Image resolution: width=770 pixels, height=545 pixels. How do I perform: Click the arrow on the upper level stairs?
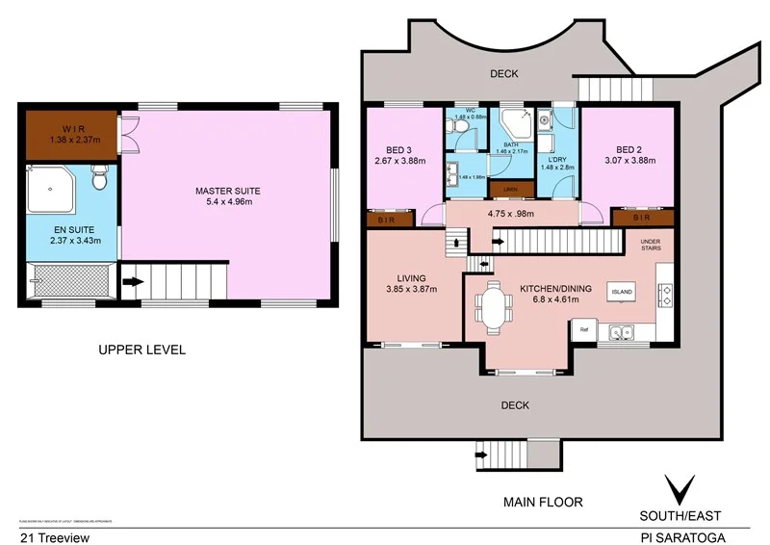click(132, 283)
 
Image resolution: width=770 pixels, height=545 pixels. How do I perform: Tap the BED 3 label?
click(398, 149)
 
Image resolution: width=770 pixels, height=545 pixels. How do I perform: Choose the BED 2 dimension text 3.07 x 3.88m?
click(629, 161)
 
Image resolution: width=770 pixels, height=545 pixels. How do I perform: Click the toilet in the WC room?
click(462, 140)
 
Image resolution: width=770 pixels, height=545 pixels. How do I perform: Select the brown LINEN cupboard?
click(511, 189)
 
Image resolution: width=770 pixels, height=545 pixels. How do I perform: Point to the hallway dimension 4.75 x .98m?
click(511, 214)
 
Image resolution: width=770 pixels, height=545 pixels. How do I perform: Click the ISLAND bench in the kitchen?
click(621, 290)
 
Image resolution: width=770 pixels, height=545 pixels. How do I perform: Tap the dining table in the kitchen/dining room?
click(497, 309)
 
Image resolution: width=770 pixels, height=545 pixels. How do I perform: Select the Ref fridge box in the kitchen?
click(583, 331)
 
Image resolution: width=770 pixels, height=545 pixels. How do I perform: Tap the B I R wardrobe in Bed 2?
click(642, 219)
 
